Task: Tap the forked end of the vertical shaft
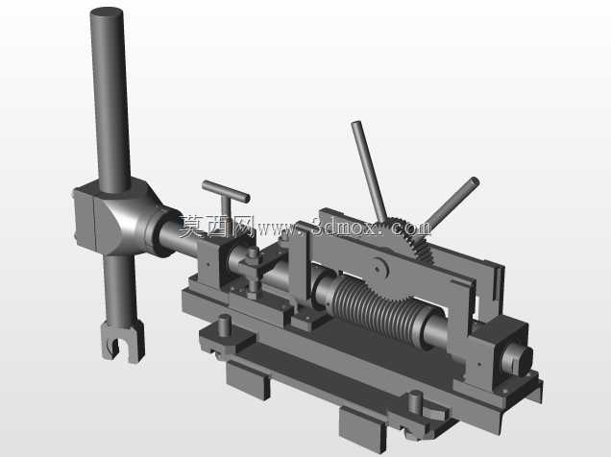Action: click(123, 342)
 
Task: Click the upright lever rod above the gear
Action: click(369, 171)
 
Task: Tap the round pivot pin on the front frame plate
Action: click(379, 268)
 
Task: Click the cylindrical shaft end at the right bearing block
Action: click(517, 358)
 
